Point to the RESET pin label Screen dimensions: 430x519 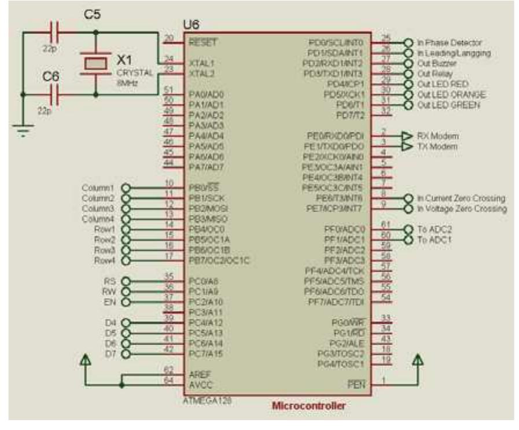click(x=200, y=42)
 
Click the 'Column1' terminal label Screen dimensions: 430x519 click(x=98, y=188)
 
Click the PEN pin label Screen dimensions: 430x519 click(x=354, y=384)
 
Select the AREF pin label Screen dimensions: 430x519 click(x=197, y=374)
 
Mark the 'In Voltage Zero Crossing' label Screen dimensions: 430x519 click(x=462, y=208)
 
